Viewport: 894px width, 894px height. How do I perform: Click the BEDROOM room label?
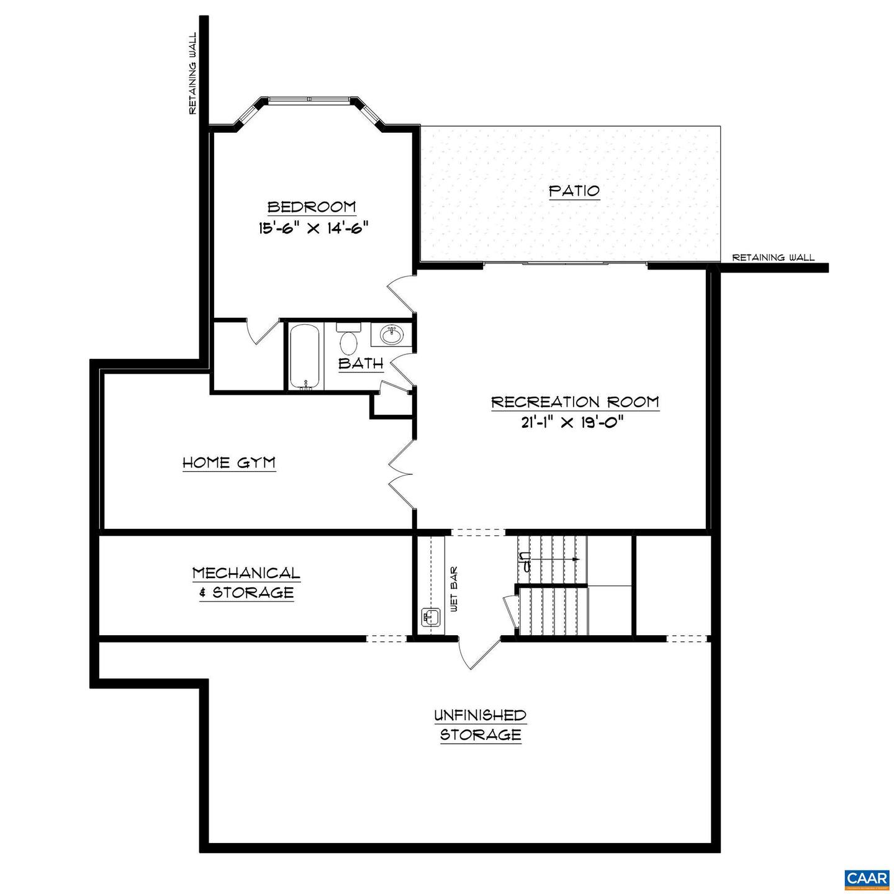(x=312, y=207)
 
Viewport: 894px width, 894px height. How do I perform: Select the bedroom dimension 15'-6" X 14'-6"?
(x=314, y=228)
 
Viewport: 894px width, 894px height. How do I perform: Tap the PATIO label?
(x=574, y=190)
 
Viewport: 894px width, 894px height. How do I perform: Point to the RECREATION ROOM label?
(x=575, y=402)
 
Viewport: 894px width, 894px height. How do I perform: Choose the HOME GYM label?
(x=229, y=463)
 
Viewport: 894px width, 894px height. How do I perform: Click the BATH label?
(x=361, y=364)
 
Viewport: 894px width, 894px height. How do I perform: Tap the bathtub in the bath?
(x=305, y=357)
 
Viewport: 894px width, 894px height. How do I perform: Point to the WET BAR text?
(x=453, y=589)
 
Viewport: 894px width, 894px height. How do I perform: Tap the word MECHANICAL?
(x=246, y=572)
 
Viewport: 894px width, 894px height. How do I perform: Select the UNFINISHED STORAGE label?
(x=480, y=725)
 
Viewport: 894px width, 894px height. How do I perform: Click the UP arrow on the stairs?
(x=553, y=559)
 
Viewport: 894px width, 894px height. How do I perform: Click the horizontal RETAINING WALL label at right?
(x=773, y=258)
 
